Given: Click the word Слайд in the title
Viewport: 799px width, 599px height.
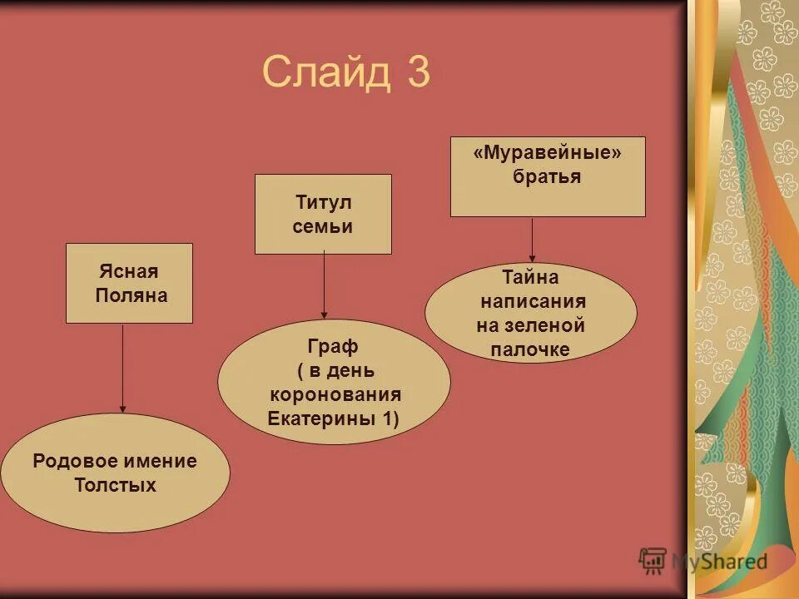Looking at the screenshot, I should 325,72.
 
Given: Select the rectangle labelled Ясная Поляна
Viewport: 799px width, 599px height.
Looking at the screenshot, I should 129,283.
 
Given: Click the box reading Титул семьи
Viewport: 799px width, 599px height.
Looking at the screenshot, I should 323,214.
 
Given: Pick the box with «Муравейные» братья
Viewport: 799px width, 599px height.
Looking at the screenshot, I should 548,176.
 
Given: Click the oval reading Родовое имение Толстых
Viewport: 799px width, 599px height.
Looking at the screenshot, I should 115,473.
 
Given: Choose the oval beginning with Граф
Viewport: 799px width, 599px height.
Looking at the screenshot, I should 334,382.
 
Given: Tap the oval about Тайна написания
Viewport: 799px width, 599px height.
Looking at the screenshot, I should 530,313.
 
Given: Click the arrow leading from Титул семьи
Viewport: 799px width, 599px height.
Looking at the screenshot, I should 324,286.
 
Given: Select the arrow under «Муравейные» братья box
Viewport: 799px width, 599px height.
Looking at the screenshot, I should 533,239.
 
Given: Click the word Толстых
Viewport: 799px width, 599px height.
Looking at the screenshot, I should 115,485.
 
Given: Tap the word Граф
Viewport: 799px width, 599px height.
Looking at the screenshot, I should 333,345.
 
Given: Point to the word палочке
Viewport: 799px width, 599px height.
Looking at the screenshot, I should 530,349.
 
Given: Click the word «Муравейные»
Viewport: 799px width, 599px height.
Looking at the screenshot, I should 548,153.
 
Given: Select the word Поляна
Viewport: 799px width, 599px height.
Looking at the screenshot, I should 132,295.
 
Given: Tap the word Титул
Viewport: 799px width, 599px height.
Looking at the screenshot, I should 324,203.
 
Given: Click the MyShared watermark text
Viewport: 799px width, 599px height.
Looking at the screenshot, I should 719,561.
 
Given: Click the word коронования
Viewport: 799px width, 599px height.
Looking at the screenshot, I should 335,394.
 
